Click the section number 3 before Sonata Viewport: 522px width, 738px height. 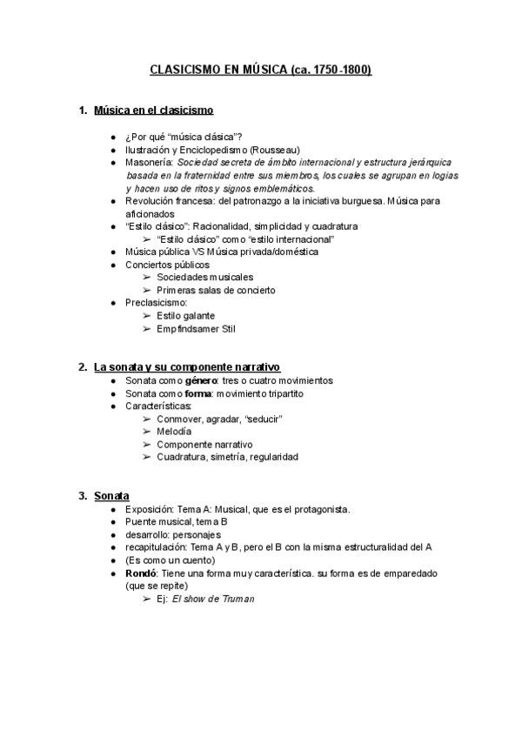click(x=82, y=496)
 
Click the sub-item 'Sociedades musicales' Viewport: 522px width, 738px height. click(x=205, y=277)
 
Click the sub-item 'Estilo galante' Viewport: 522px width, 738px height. click(x=186, y=316)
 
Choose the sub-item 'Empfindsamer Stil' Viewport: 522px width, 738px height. click(x=196, y=329)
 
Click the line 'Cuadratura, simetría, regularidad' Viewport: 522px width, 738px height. click(x=227, y=457)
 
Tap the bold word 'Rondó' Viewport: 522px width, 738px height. click(x=143, y=574)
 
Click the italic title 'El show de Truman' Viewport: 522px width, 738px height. click(x=212, y=599)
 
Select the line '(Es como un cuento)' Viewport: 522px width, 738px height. click(x=170, y=560)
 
